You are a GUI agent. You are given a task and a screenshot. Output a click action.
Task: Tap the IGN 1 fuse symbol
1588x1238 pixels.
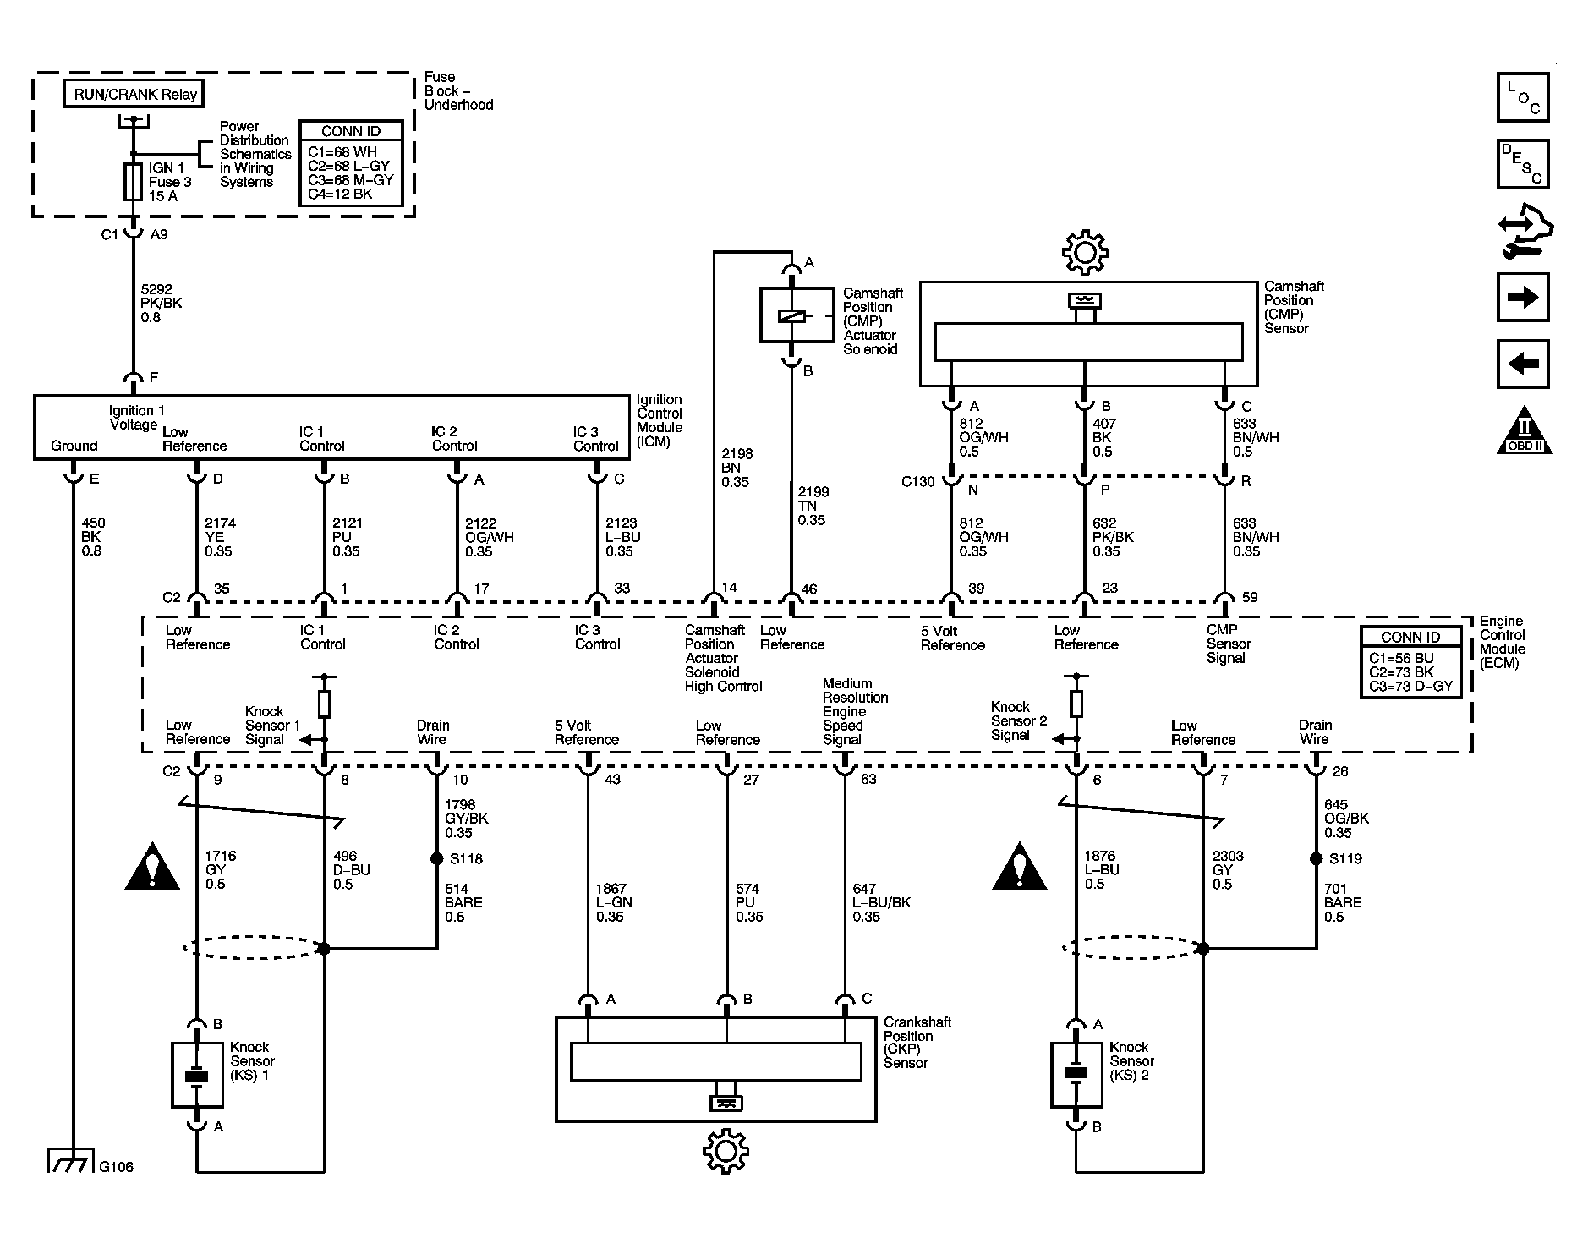tap(133, 182)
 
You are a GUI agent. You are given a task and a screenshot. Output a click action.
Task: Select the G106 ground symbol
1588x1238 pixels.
tap(68, 1160)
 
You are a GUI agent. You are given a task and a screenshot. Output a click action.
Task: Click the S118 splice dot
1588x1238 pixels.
tap(436, 858)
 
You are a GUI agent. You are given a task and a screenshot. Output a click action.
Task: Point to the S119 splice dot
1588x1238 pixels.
tap(1316, 858)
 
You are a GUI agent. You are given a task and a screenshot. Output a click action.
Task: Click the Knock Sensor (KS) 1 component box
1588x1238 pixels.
tap(197, 1075)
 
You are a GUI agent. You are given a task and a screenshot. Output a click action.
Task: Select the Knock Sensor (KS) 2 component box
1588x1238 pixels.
tap(1076, 1074)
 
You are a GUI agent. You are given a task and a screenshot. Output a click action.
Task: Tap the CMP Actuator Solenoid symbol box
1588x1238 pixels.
tap(791, 315)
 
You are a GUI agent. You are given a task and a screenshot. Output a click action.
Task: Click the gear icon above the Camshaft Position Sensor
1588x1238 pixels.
tap(1085, 251)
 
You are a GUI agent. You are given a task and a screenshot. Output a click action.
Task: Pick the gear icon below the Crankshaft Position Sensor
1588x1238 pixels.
tap(726, 1151)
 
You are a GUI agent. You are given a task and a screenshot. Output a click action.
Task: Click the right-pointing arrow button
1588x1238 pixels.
tap(1523, 297)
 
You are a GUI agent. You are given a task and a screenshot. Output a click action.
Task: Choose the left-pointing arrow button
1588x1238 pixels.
tap(1523, 364)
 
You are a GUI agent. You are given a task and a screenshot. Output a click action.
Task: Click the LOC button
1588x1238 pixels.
tap(1523, 97)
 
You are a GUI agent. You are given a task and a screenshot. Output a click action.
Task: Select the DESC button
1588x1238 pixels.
tap(1523, 163)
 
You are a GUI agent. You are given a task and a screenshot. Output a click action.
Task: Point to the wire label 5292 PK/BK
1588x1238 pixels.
tap(161, 303)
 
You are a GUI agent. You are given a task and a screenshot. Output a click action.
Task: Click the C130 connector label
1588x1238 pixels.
tap(917, 481)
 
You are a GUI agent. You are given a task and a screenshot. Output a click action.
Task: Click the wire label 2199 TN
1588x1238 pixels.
tap(813, 506)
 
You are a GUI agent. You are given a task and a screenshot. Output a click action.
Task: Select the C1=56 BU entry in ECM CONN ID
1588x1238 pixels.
tap(1401, 658)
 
